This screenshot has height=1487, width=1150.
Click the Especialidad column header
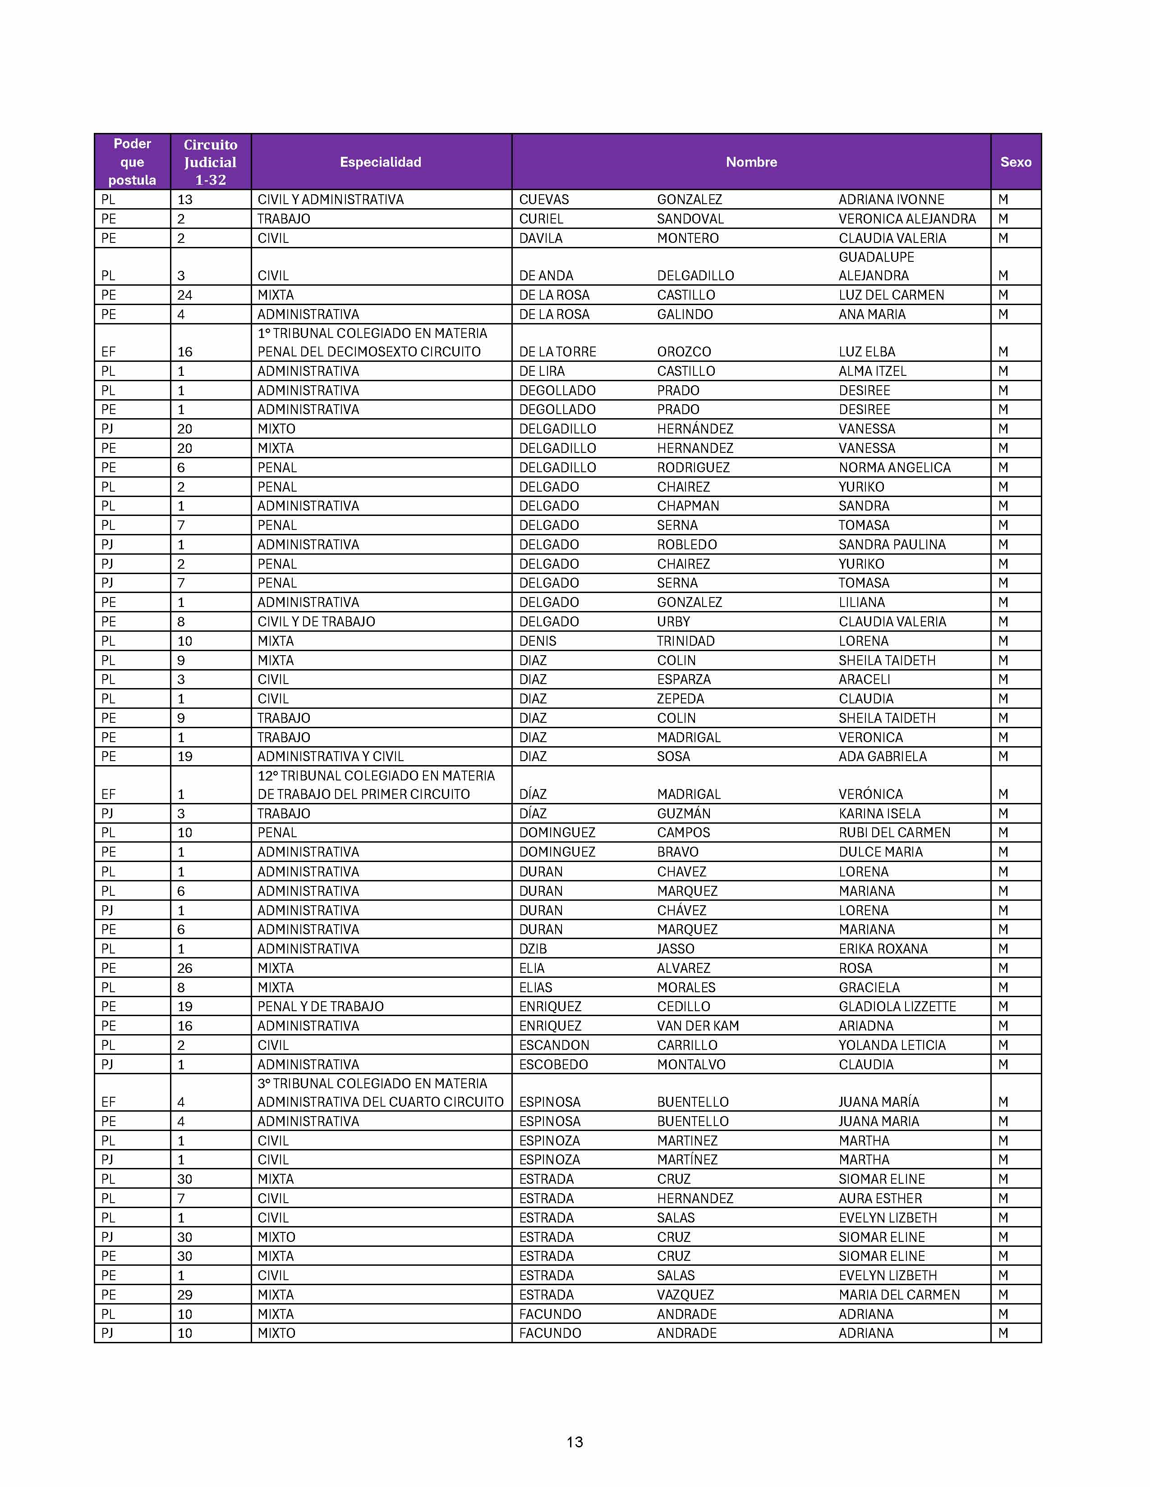(x=380, y=162)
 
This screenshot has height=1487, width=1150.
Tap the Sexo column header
(x=1015, y=162)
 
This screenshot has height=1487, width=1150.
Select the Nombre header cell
(x=751, y=162)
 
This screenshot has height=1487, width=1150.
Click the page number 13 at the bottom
(x=574, y=1442)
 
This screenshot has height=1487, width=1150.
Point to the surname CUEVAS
(x=544, y=200)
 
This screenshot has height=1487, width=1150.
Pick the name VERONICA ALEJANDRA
(x=907, y=219)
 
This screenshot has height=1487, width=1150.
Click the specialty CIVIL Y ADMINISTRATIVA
(x=331, y=200)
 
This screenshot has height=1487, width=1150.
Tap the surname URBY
(x=673, y=622)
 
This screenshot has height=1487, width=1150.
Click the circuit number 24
(x=184, y=295)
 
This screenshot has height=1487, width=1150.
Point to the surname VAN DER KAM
(x=698, y=1026)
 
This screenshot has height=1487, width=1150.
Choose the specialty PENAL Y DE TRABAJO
(x=320, y=1006)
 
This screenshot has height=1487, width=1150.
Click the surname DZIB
(x=533, y=949)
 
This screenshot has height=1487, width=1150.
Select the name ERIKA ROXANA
(x=883, y=949)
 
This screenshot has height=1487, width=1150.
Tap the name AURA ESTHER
(x=880, y=1198)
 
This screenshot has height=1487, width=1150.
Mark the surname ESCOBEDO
(x=553, y=1064)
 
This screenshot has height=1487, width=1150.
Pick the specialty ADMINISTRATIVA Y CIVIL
(x=331, y=757)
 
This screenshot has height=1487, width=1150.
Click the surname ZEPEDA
(x=680, y=698)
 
